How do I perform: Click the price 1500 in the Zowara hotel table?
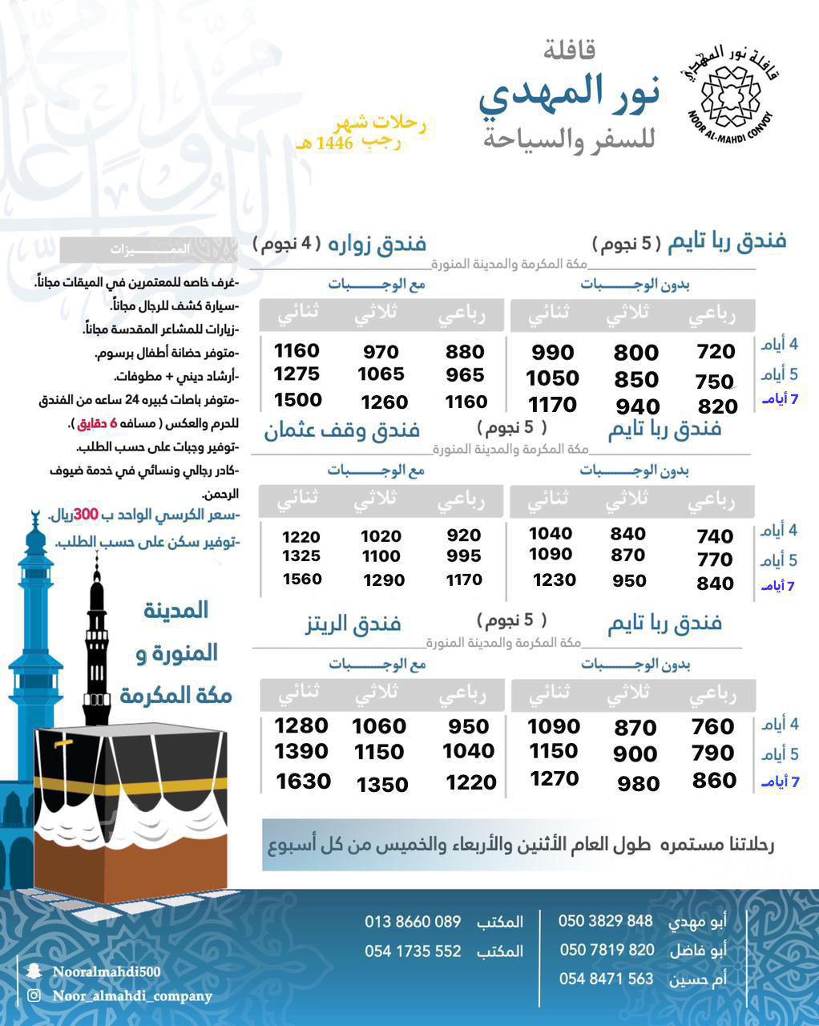(x=297, y=400)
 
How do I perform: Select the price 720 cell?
(x=716, y=351)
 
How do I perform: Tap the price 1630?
(x=303, y=781)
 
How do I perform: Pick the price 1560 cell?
(x=301, y=579)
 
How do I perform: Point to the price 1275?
(x=297, y=374)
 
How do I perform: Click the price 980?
(x=638, y=783)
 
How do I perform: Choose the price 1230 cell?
(x=554, y=580)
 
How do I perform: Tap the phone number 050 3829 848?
(x=605, y=921)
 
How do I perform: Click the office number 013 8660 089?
(x=413, y=922)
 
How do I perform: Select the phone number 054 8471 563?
(x=606, y=979)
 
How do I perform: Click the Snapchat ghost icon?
(x=34, y=971)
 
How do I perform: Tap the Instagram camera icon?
(x=34, y=996)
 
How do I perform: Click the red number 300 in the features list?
(x=85, y=515)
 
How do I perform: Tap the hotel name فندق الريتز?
(x=353, y=623)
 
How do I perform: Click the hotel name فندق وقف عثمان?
(x=342, y=430)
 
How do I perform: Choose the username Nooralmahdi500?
(x=107, y=971)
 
